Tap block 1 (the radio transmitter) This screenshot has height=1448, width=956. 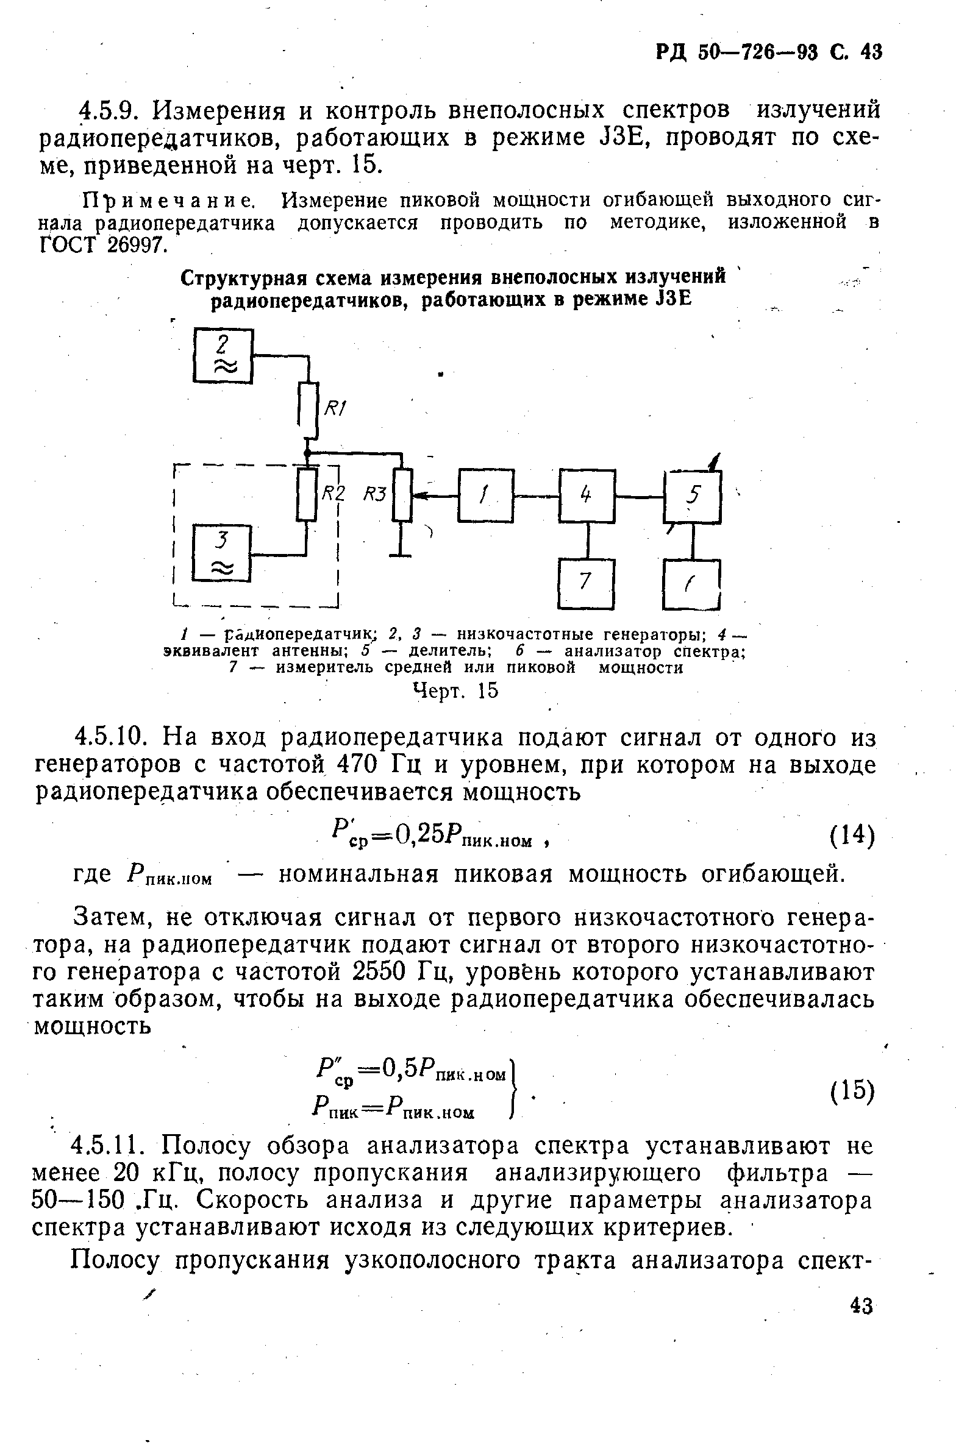point(486,495)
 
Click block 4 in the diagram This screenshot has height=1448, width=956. point(587,495)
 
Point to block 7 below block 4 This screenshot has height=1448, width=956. point(586,584)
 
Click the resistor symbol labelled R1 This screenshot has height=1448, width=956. point(309,410)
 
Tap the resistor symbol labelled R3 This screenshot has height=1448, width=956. point(402,494)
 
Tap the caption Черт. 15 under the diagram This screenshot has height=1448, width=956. point(455,690)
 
